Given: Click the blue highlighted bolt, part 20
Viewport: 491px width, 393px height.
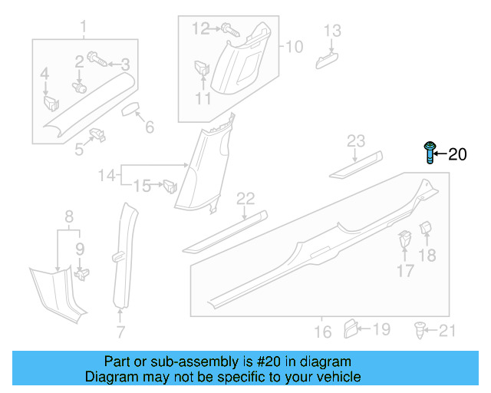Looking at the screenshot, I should (430, 154).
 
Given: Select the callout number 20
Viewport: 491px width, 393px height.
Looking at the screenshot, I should (456, 155).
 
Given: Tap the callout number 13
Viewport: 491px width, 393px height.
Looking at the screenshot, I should (331, 31).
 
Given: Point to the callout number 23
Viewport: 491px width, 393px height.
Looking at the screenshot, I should (356, 140).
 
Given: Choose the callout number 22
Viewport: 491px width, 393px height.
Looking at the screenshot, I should (245, 200).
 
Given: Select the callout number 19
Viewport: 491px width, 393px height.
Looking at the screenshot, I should (381, 329).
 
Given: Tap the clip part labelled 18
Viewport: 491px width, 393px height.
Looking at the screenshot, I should (427, 230).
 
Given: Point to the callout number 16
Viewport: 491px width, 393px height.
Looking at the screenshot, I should (323, 332).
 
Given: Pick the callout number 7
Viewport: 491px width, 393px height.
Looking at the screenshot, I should (120, 332).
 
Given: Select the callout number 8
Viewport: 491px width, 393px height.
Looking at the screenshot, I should (68, 216).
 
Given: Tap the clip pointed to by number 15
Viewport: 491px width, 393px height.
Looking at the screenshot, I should (170, 185).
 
